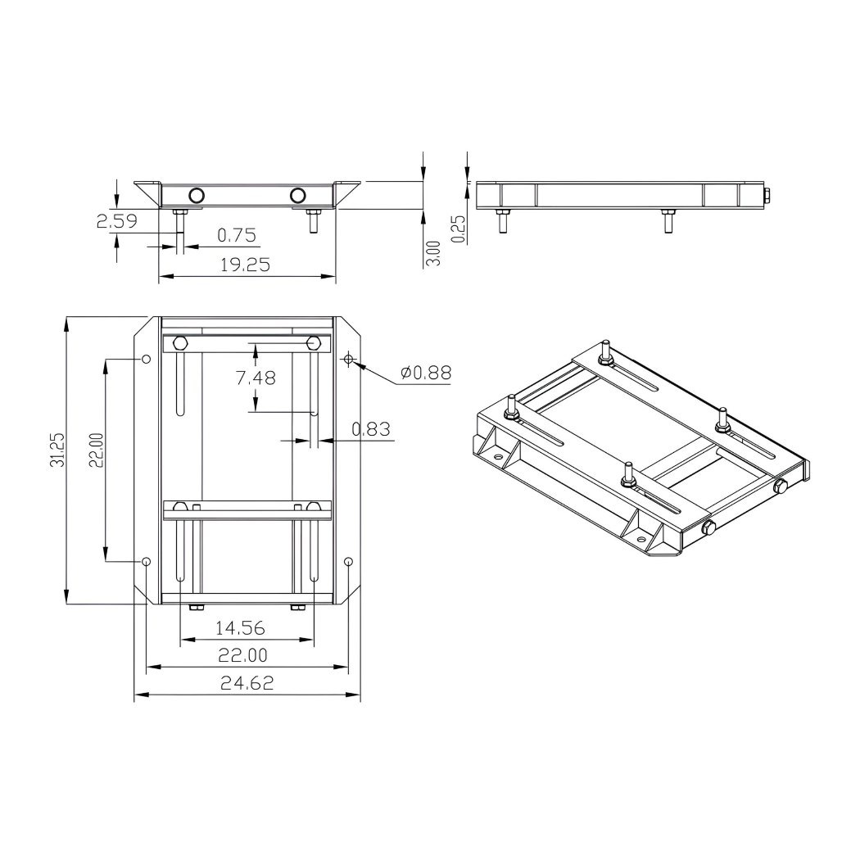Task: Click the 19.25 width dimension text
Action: (x=246, y=265)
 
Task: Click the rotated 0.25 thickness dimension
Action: (x=459, y=229)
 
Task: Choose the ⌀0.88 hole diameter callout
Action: (x=425, y=373)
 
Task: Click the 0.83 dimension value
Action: (x=370, y=428)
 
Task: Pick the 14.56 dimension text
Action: (x=240, y=627)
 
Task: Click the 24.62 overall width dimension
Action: (x=247, y=683)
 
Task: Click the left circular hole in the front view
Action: (x=197, y=195)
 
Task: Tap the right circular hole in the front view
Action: (x=298, y=195)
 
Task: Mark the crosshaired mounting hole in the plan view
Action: (x=349, y=360)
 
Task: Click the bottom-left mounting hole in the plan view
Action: (x=146, y=562)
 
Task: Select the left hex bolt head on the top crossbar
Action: (x=181, y=343)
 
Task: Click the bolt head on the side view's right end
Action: (x=766, y=195)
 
